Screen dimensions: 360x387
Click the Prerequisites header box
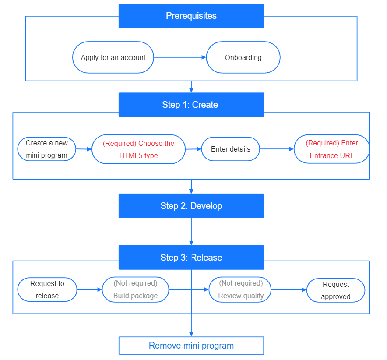tap(191, 16)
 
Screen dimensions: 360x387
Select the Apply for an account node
tap(113, 57)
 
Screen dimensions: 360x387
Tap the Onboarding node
tap(243, 57)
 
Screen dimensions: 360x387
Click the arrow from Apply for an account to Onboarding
tap(179, 57)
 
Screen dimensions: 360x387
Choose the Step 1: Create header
tap(191, 105)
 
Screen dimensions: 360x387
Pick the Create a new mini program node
tap(46, 149)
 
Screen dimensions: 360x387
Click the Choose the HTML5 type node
tap(138, 149)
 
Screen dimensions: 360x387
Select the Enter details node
tap(230, 149)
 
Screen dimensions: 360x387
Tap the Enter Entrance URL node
tap(331, 149)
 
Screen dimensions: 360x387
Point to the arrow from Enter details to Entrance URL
tap(277, 149)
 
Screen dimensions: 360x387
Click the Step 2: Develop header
tap(191, 206)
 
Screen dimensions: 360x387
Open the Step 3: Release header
tap(191, 258)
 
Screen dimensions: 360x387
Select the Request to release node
tap(47, 289)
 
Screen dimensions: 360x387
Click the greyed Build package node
tap(135, 289)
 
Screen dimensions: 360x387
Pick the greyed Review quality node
tap(240, 289)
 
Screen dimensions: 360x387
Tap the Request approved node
tap(336, 290)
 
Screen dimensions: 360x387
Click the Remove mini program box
tap(191, 346)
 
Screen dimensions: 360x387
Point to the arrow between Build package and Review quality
tap(189, 289)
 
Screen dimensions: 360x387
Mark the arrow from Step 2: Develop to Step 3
tap(191, 231)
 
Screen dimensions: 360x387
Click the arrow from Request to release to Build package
tap(89, 289)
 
